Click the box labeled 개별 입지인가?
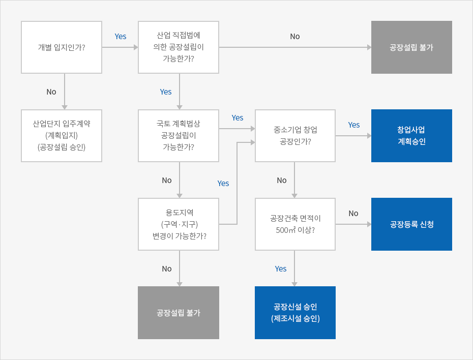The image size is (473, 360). point(62,47)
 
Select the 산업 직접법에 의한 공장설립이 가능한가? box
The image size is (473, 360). point(179,47)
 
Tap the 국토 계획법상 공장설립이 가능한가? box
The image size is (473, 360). point(179,136)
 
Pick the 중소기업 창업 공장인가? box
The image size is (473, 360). point(295,136)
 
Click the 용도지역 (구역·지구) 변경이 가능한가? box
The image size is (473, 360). point(179,224)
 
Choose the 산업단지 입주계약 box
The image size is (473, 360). point(62,136)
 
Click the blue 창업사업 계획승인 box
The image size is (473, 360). point(411,136)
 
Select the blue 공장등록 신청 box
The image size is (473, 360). point(411,224)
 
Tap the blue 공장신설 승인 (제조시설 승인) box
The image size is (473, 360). point(295,313)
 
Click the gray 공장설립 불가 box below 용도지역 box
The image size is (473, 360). point(179,313)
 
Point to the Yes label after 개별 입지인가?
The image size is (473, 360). point(121,37)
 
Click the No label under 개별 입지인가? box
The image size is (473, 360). point(51,92)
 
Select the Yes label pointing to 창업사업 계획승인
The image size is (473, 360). point(354,125)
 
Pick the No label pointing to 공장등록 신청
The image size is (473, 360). point(353,214)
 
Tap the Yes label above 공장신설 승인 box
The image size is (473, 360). point(281,268)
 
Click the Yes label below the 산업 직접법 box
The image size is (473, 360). point(166,92)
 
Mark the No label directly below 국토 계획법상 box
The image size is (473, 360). point(166,181)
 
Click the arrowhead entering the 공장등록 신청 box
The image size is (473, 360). point(369,224)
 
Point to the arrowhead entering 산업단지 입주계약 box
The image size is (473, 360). point(65,108)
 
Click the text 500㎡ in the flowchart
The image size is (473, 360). point(285,230)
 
